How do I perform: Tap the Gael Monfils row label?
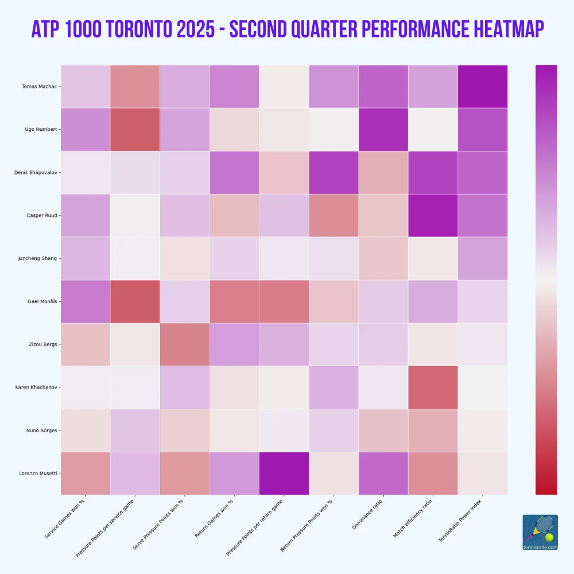pos(42,301)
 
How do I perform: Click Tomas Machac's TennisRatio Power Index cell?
pos(482,87)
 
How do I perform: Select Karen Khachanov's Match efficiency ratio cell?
pos(433,387)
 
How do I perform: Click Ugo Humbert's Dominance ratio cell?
pos(383,130)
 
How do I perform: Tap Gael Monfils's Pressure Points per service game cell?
pos(135,301)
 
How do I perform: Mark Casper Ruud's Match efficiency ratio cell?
pos(433,215)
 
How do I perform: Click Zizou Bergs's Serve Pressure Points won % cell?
pos(184,344)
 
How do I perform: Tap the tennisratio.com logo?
pos(540,532)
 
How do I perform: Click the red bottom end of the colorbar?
pos(546,489)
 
